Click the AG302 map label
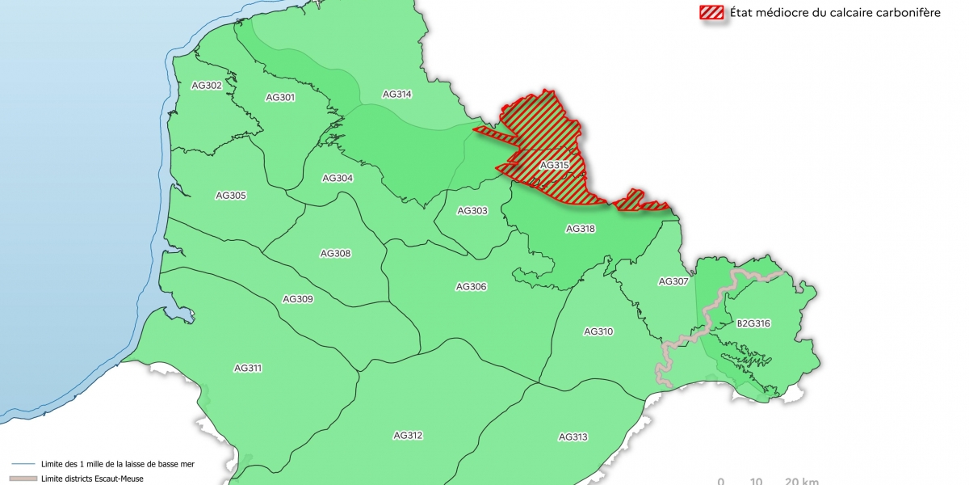coord(208,85)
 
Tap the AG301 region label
coord(280,97)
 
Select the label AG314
coord(396,94)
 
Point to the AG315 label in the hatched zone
coord(555,165)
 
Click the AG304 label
coord(338,178)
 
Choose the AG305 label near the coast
coord(231,196)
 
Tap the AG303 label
coord(472,211)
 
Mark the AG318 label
coord(581,229)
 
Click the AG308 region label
coord(336,254)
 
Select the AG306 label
coord(471,286)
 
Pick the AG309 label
coord(298,299)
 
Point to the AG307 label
coord(673,281)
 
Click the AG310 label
coord(598,331)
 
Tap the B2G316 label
coord(753,323)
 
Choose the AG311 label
coord(248,368)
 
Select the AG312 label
coord(408,436)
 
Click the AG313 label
coord(573,437)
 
